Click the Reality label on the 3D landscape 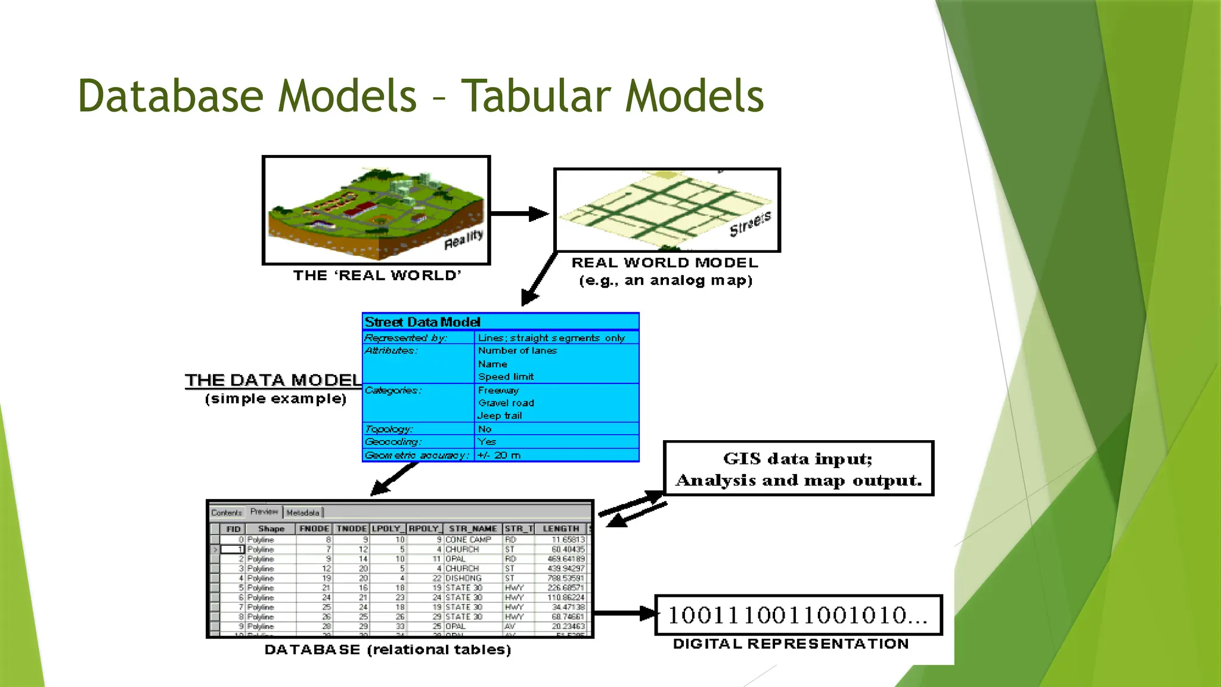click(463, 239)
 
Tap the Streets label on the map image click(750, 223)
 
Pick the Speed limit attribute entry click(506, 377)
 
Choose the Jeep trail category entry click(500, 416)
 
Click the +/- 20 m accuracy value click(499, 455)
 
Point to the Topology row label click(389, 429)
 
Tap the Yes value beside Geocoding click(486, 442)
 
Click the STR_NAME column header click(472, 529)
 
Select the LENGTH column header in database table click(560, 529)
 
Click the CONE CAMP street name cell click(469, 539)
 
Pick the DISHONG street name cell click(463, 578)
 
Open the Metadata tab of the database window click(303, 513)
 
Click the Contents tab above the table click(227, 513)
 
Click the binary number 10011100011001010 click(797, 615)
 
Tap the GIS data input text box click(798, 469)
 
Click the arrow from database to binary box click(624, 613)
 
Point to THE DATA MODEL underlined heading click(273, 380)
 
